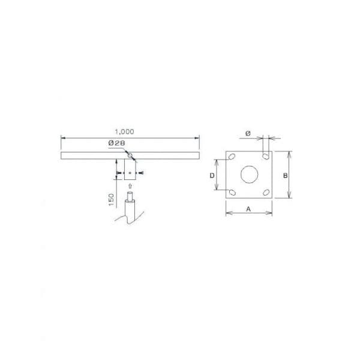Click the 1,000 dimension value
[124, 131]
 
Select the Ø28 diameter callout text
[116, 143]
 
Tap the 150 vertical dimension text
[111, 200]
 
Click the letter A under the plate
[248, 209]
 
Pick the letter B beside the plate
[285, 176]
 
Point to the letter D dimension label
[212, 176]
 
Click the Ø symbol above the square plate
[248, 133]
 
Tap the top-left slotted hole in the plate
[232, 157]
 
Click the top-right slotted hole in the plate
[266, 157]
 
